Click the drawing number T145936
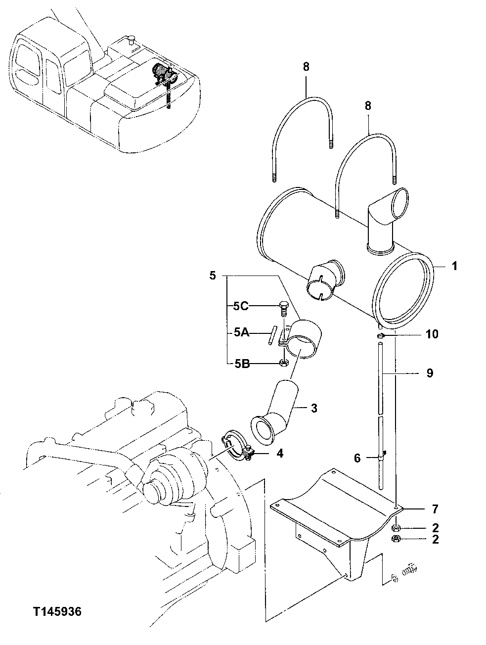[x=57, y=612]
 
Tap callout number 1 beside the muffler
[x=454, y=266]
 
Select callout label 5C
[x=241, y=306]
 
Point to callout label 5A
[x=241, y=334]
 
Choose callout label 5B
[x=241, y=364]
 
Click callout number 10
[x=432, y=334]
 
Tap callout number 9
[x=429, y=372]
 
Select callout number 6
[x=357, y=459]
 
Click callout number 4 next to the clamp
[x=280, y=453]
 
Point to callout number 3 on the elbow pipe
[x=314, y=408]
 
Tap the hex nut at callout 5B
[x=283, y=364]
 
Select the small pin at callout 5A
[x=272, y=334]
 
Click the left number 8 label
[x=306, y=67]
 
